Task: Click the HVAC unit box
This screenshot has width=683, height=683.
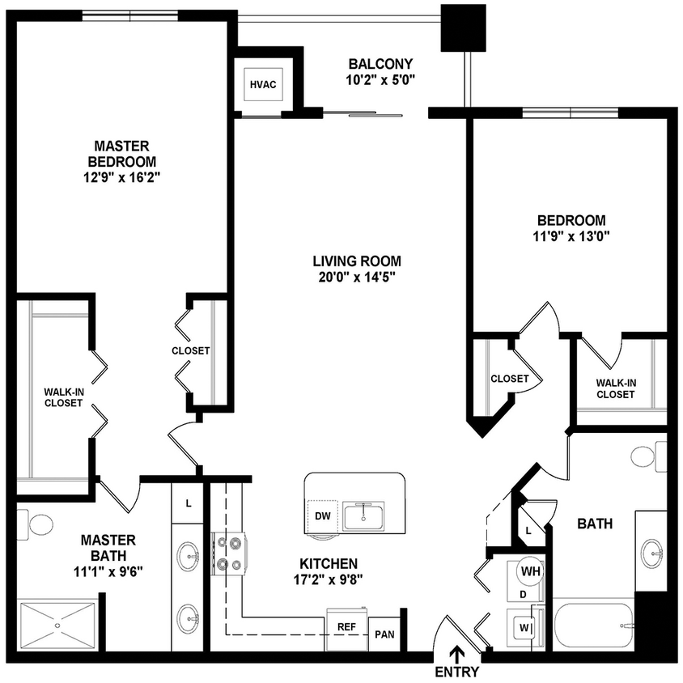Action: pyautogui.click(x=263, y=83)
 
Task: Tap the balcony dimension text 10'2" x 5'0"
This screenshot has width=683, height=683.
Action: pyautogui.click(x=380, y=79)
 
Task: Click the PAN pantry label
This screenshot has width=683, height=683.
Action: pyautogui.click(x=384, y=634)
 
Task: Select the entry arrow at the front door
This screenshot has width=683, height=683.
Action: pyautogui.click(x=457, y=653)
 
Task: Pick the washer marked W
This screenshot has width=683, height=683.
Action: pyautogui.click(x=524, y=626)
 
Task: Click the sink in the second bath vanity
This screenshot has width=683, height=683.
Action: pyautogui.click(x=652, y=554)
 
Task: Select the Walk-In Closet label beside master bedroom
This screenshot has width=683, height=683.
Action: pyautogui.click(x=63, y=397)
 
